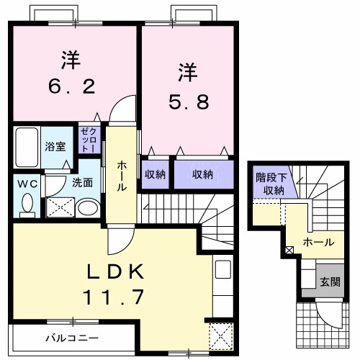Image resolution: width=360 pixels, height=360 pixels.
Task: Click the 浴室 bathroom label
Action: (55, 146)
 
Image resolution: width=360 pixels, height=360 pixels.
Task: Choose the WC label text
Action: (27, 183)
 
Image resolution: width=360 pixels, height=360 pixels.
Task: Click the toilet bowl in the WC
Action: (27, 204)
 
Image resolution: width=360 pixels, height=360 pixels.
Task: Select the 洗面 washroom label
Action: (81, 183)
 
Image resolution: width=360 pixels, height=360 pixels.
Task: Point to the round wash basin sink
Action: (87, 209)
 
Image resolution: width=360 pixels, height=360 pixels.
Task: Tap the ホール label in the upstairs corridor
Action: (122, 174)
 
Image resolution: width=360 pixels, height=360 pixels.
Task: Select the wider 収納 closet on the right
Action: (202, 174)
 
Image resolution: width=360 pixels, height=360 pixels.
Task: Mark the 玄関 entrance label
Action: (328, 280)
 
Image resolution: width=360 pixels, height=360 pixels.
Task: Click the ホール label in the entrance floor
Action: (318, 242)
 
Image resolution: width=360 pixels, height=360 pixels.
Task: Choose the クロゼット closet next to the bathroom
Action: (89, 138)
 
